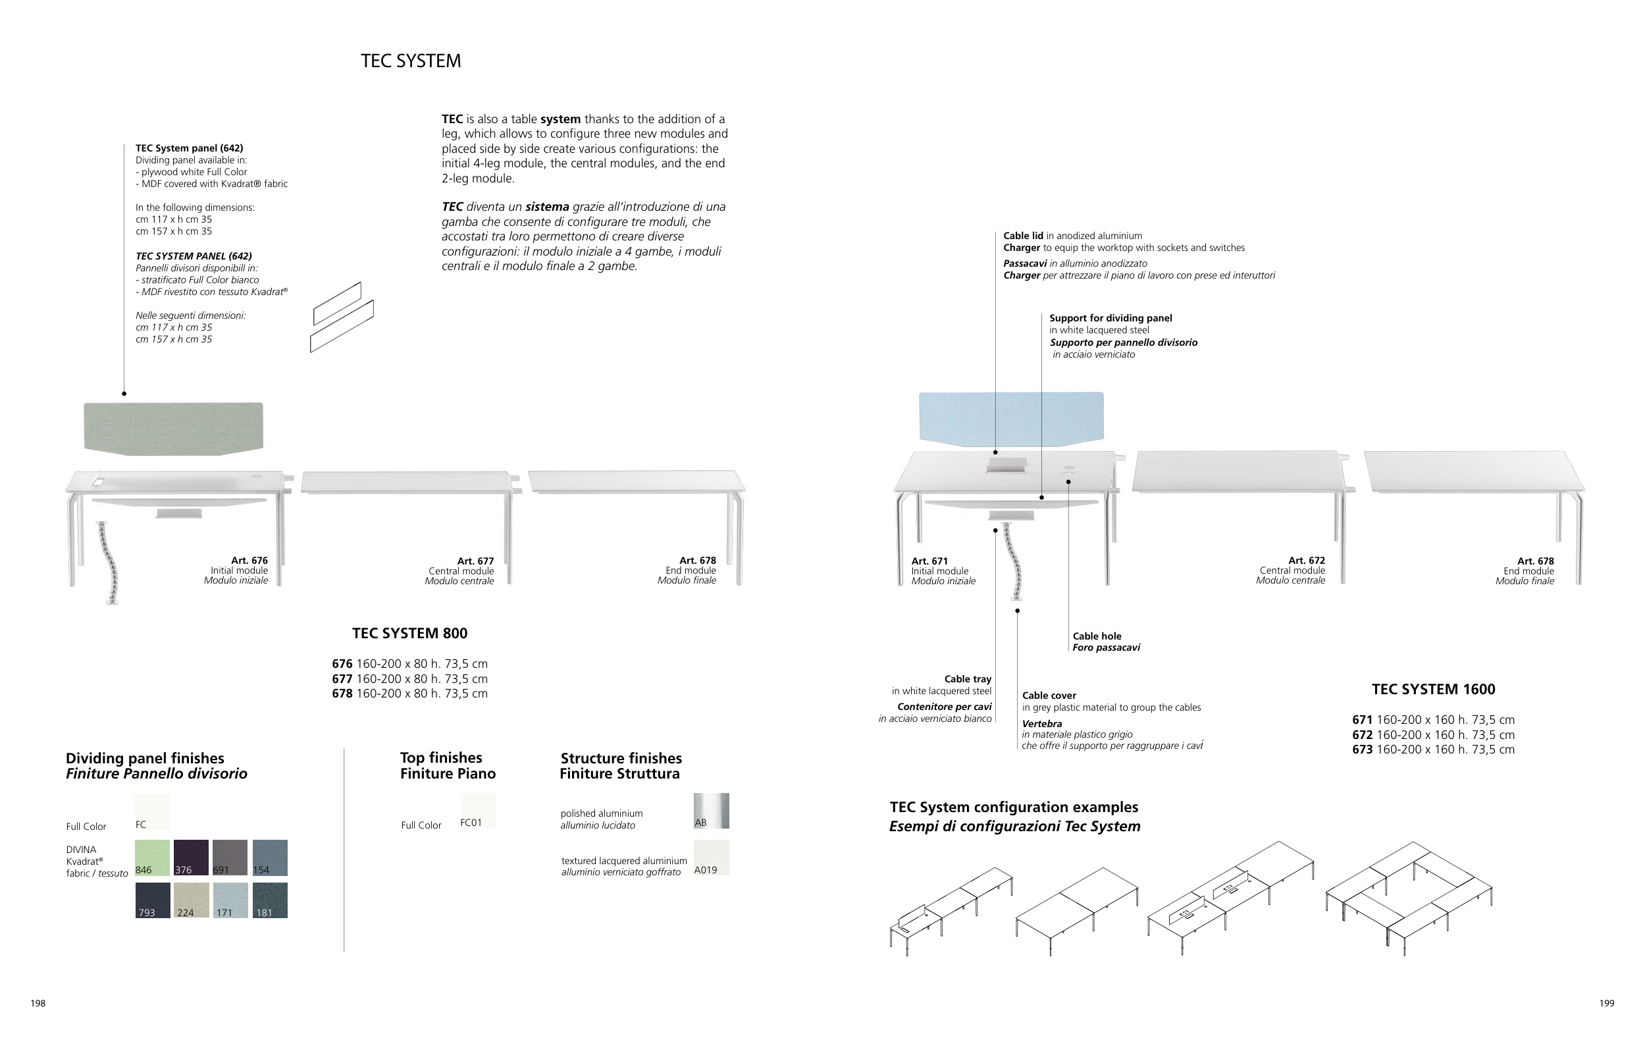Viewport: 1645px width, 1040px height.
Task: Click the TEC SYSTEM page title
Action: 411,61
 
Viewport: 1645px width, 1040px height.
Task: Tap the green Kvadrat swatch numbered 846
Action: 152,858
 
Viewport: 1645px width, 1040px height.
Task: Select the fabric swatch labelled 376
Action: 191,858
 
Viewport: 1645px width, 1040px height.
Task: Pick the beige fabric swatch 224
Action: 191,900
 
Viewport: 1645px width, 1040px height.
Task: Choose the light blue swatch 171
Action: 230,900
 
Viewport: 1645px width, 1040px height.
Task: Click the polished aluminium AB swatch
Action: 711,810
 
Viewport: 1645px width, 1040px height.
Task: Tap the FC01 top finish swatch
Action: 478,810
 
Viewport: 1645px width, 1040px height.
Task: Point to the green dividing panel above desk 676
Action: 174,426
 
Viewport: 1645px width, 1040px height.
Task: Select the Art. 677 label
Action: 475,561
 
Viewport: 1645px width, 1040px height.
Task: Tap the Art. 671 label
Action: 929,561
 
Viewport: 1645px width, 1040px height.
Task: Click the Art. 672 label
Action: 1306,561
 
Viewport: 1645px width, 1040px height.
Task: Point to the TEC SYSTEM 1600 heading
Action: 1433,690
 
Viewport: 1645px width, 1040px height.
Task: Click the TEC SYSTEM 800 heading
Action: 410,634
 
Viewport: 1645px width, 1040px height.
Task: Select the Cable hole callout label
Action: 1097,636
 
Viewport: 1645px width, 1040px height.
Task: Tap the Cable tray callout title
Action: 968,678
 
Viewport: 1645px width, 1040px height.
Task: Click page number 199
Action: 1607,1003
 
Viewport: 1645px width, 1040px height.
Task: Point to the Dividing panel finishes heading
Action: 145,759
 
